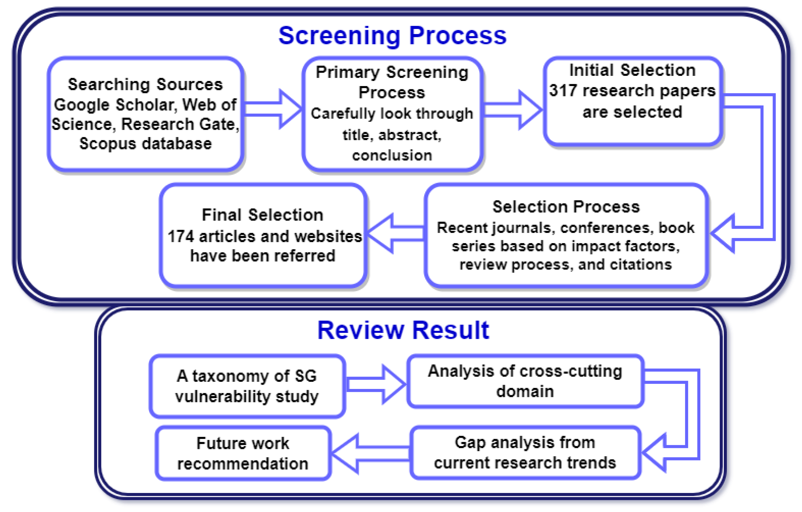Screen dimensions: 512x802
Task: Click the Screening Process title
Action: (392, 36)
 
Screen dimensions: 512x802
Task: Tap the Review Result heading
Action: (403, 330)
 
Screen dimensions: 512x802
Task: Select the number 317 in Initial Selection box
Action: (563, 91)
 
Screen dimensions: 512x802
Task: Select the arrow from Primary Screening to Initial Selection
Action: (513, 110)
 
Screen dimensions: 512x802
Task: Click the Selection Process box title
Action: (566, 207)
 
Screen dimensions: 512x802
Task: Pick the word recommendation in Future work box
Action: (242, 464)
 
